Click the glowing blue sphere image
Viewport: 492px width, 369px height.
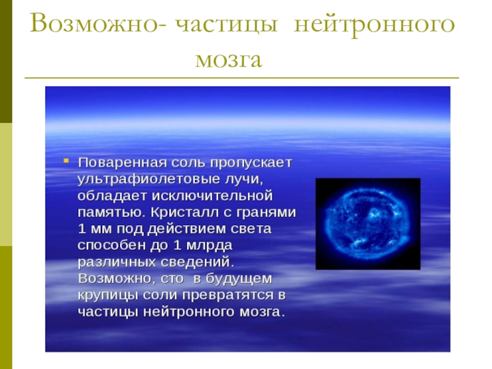click(368, 224)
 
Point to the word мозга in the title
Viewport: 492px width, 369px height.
click(229, 60)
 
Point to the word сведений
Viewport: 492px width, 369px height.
click(200, 261)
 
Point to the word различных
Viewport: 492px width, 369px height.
click(113, 261)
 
